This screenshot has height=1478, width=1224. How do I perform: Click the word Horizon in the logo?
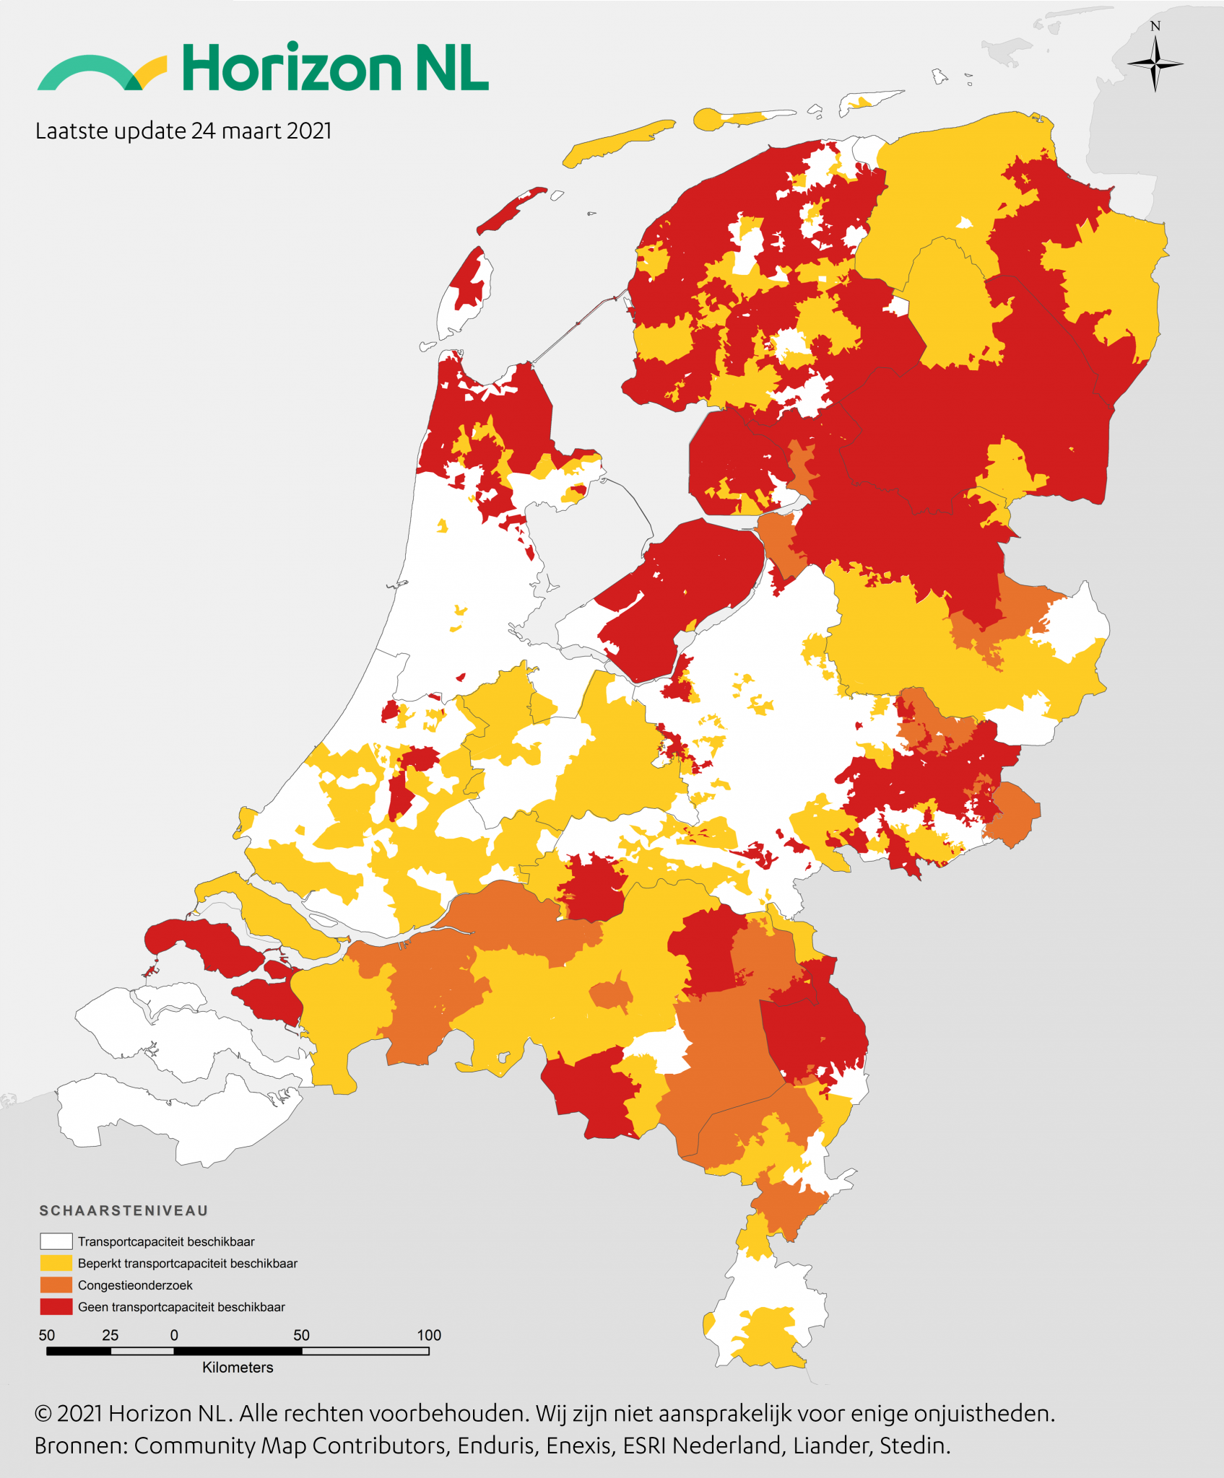[x=291, y=68]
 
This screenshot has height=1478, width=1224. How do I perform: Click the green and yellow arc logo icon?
[x=101, y=73]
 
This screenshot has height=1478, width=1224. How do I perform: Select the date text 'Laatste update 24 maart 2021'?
[x=183, y=131]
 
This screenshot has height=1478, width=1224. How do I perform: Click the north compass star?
[x=1155, y=64]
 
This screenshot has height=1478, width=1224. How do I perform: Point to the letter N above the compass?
[x=1155, y=27]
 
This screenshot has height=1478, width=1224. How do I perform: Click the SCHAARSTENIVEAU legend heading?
[x=123, y=1211]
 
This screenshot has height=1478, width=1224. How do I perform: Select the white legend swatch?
[x=56, y=1241]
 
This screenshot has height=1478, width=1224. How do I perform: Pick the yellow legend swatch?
[x=56, y=1263]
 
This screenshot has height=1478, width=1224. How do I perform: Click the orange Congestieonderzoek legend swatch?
[x=56, y=1285]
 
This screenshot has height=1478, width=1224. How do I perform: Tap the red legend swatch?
[x=56, y=1307]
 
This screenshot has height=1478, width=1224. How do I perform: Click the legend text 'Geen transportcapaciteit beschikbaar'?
[x=181, y=1307]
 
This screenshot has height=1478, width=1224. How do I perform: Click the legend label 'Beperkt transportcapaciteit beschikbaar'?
[x=188, y=1264]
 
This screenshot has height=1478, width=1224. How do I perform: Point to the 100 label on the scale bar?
[x=429, y=1335]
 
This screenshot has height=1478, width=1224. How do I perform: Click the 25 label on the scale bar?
[x=110, y=1335]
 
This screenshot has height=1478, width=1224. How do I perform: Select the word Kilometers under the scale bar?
[x=238, y=1368]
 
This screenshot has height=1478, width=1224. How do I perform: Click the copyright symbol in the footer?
[x=43, y=1414]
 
